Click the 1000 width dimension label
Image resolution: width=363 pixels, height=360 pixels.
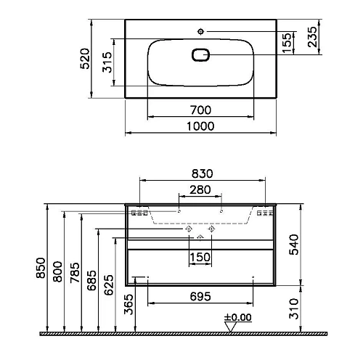point(200,126)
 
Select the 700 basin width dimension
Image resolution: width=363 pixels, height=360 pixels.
point(200,110)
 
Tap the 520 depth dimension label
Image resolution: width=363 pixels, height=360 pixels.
point(85,59)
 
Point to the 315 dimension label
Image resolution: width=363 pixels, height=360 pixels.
point(107,62)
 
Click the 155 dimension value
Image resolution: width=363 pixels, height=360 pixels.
point(287,43)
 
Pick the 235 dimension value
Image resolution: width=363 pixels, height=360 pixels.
point(312,36)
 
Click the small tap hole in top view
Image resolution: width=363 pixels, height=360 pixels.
point(201,31)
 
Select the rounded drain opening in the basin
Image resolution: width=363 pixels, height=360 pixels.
point(200,55)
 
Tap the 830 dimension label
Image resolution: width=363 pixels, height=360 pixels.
point(203,173)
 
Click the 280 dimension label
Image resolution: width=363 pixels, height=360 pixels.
point(200,190)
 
